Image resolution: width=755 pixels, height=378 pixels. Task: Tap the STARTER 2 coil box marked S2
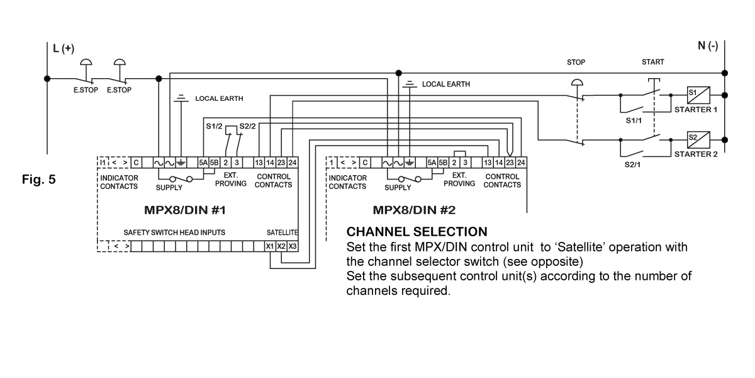point(696,139)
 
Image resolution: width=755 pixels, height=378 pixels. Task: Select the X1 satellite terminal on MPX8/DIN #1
point(270,246)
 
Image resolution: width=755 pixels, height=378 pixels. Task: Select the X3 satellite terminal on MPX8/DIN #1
point(292,246)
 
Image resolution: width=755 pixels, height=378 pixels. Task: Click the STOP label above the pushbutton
point(576,62)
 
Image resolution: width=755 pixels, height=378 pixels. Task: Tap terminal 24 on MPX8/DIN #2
point(521,163)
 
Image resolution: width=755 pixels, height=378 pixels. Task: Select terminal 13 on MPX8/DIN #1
point(259,163)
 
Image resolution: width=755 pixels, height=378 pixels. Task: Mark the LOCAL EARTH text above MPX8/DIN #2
point(446,84)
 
